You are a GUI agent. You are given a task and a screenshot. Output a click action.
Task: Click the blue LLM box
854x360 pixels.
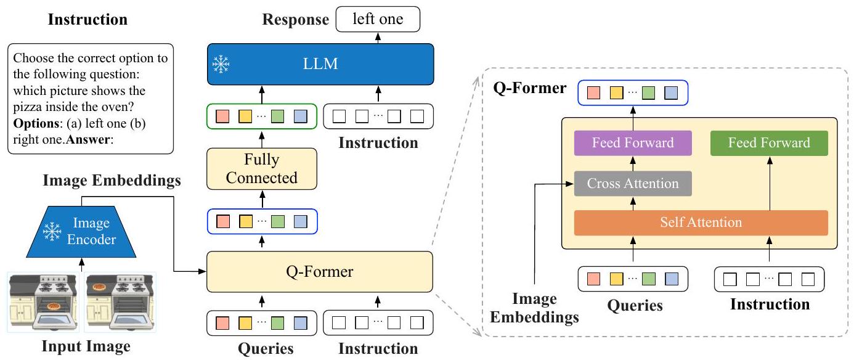coord(320,65)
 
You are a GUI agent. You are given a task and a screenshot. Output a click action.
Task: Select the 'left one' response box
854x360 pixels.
coord(378,19)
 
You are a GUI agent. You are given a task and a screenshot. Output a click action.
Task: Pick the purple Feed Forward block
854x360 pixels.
coord(632,143)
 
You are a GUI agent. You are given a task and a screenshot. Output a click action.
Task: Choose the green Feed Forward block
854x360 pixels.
coord(769,143)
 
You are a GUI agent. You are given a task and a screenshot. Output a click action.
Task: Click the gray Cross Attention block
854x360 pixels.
coord(632,183)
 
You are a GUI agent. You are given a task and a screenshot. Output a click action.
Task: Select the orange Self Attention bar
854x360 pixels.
coord(701,223)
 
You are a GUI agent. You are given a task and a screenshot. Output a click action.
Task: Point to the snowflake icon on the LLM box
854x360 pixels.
coord(220,65)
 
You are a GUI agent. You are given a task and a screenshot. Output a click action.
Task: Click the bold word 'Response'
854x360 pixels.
coord(296,20)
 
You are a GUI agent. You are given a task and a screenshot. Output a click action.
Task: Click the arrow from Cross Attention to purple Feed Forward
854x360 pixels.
coord(632,163)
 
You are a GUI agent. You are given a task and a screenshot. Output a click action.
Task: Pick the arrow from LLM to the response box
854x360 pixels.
coord(378,37)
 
